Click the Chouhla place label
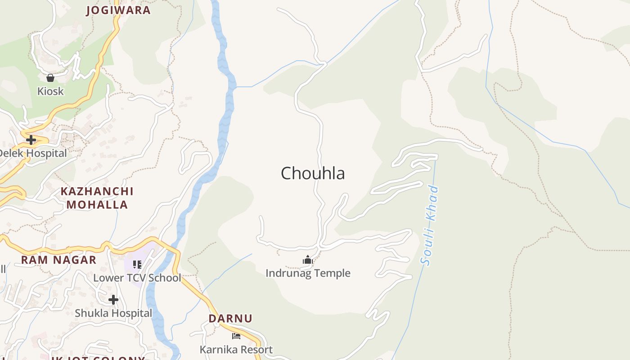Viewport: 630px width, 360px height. pyautogui.click(x=313, y=173)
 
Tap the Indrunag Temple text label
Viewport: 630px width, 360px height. pyautogui.click(x=308, y=273)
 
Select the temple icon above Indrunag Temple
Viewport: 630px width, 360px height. pyautogui.click(x=308, y=260)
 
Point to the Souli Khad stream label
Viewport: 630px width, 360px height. pyautogui.click(x=429, y=225)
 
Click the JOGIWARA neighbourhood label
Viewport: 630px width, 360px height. pyautogui.click(x=118, y=10)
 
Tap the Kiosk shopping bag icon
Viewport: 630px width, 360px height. pyautogui.click(x=50, y=78)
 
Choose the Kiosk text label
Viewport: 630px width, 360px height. pyautogui.click(x=50, y=91)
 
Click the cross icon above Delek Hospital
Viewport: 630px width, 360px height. pyautogui.click(x=31, y=140)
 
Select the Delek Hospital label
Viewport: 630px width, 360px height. pyautogui.click(x=32, y=153)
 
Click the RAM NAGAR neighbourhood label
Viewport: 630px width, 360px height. pyautogui.click(x=58, y=260)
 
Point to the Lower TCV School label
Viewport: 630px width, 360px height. pyautogui.click(x=137, y=278)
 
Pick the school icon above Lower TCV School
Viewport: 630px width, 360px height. pyautogui.click(x=137, y=264)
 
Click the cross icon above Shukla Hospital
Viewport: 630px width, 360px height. pyautogui.click(x=113, y=299)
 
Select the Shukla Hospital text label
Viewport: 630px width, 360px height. pyautogui.click(x=113, y=313)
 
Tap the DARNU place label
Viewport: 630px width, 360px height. pyautogui.click(x=230, y=319)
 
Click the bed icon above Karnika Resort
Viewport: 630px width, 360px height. pyautogui.click(x=236, y=336)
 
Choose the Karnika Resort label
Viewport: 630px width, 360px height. pyautogui.click(x=236, y=350)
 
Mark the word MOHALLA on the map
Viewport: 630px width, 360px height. pyautogui.click(x=97, y=205)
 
